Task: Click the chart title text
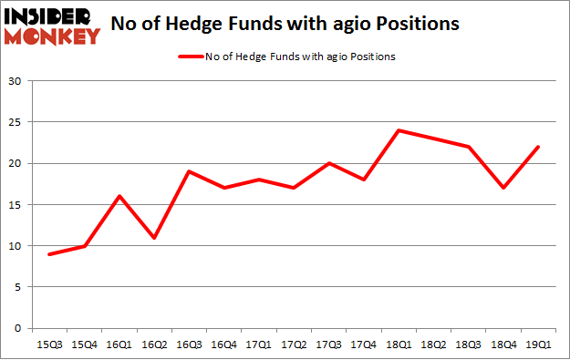click(x=284, y=25)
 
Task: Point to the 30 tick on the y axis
click(x=16, y=81)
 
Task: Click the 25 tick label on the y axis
click(x=16, y=122)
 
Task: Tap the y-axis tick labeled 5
click(x=18, y=287)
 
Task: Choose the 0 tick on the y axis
click(x=18, y=328)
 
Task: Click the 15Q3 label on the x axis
click(x=49, y=344)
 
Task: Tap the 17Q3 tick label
click(x=330, y=344)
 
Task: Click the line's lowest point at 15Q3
click(x=49, y=254)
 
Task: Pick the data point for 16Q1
click(x=119, y=196)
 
